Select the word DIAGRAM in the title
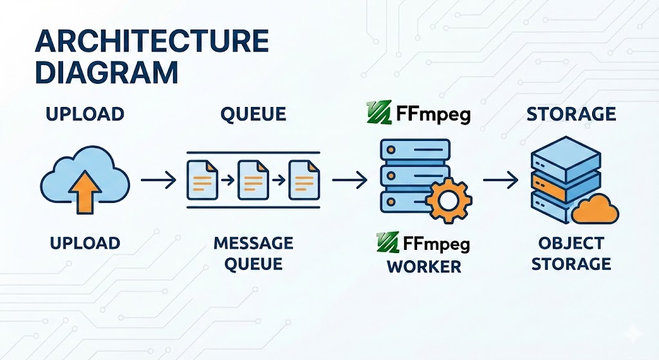pyautogui.click(x=106, y=72)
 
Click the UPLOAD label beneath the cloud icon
pyautogui.click(x=84, y=243)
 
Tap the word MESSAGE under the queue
pyautogui.click(x=253, y=243)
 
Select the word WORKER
pyautogui.click(x=424, y=266)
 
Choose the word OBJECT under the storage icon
pyautogui.click(x=571, y=243)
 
